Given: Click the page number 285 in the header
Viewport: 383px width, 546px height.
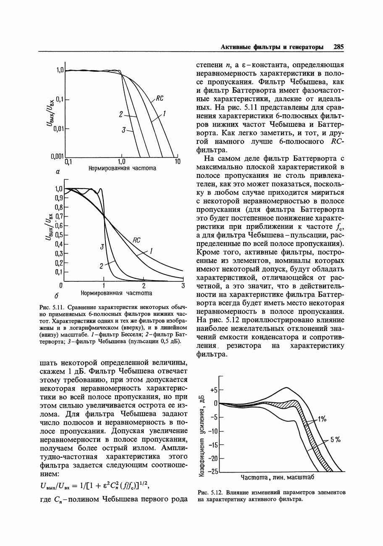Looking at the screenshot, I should coord(338,47).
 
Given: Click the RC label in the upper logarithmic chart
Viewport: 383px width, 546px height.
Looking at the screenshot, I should coord(160,99).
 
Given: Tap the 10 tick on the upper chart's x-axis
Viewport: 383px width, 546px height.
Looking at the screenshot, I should coord(177,161).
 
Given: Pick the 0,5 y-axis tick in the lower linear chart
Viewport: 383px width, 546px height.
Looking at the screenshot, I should coord(59,235).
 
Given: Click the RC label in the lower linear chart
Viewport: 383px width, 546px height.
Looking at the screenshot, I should coord(136,240).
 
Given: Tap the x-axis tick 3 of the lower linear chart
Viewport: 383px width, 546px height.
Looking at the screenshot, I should coord(183,286).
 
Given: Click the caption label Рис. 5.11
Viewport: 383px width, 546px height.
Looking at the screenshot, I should coord(51,307).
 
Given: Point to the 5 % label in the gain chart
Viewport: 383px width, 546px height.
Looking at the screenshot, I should coord(335,440).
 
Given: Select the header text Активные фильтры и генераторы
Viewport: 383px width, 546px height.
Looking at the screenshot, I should coord(272,47).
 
